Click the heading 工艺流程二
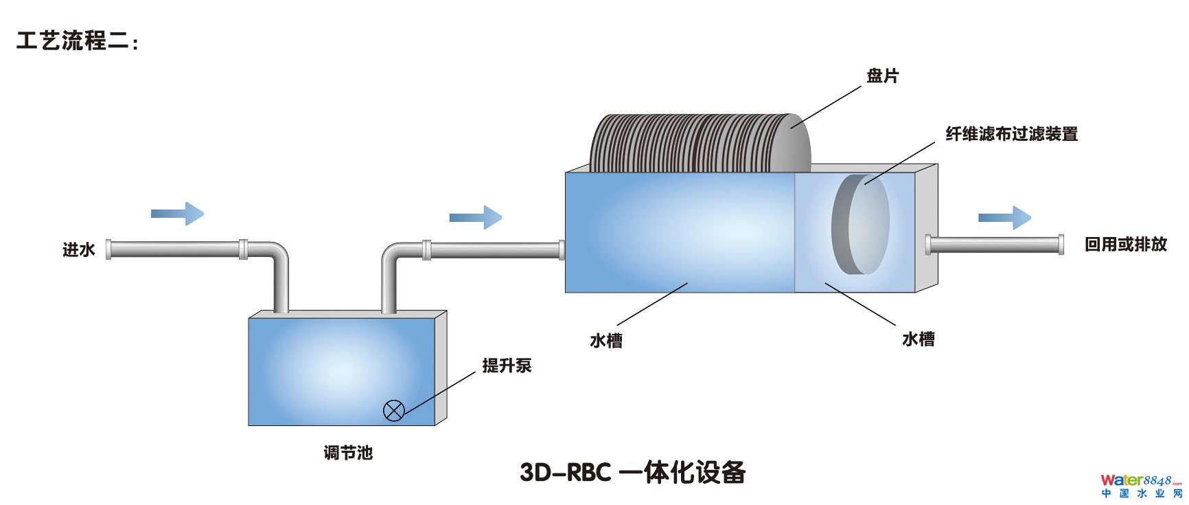click(76, 41)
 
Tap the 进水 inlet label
click(79, 249)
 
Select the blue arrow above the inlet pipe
click(177, 214)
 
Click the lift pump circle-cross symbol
click(393, 411)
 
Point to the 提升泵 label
click(507, 366)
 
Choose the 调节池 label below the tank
click(348, 453)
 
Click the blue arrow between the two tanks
click(476, 217)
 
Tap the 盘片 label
click(882, 76)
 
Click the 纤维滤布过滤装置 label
click(1011, 134)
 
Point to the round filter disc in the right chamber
click(860, 224)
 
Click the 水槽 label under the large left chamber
click(606, 341)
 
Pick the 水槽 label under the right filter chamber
click(918, 339)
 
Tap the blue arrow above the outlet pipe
click(1004, 218)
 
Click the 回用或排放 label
click(1125, 244)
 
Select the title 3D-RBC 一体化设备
click(632, 472)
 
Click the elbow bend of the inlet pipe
click(277, 253)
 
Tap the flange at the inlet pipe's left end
click(108, 249)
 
